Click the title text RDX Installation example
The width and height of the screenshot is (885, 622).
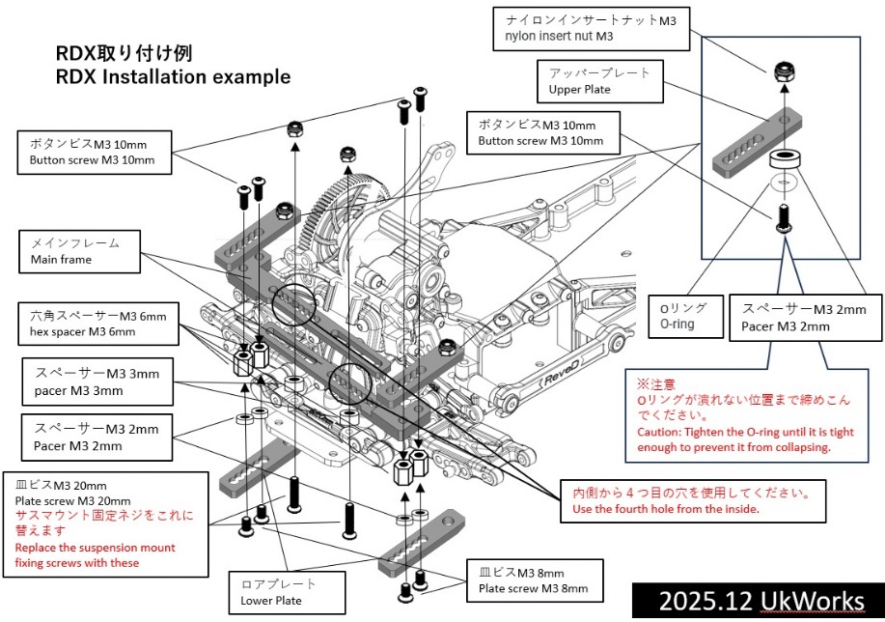(175, 74)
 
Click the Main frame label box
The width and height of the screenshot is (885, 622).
(83, 250)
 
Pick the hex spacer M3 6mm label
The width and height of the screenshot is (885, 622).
(97, 324)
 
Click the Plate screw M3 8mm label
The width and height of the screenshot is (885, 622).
(526, 580)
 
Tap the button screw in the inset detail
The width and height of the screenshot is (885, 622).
(785, 215)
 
